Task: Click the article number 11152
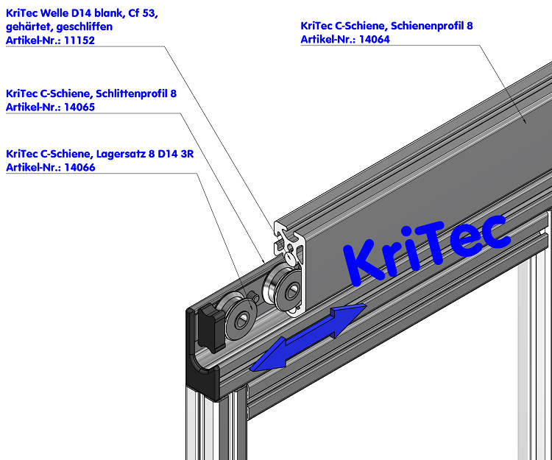79,40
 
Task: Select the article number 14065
79,107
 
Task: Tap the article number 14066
79,167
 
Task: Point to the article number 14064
375,39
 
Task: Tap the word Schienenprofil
428,26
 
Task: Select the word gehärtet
26,27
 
